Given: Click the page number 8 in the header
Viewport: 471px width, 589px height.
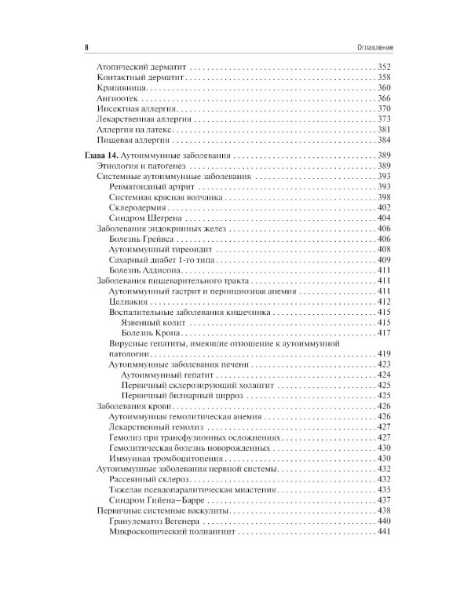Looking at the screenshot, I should [85, 48].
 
